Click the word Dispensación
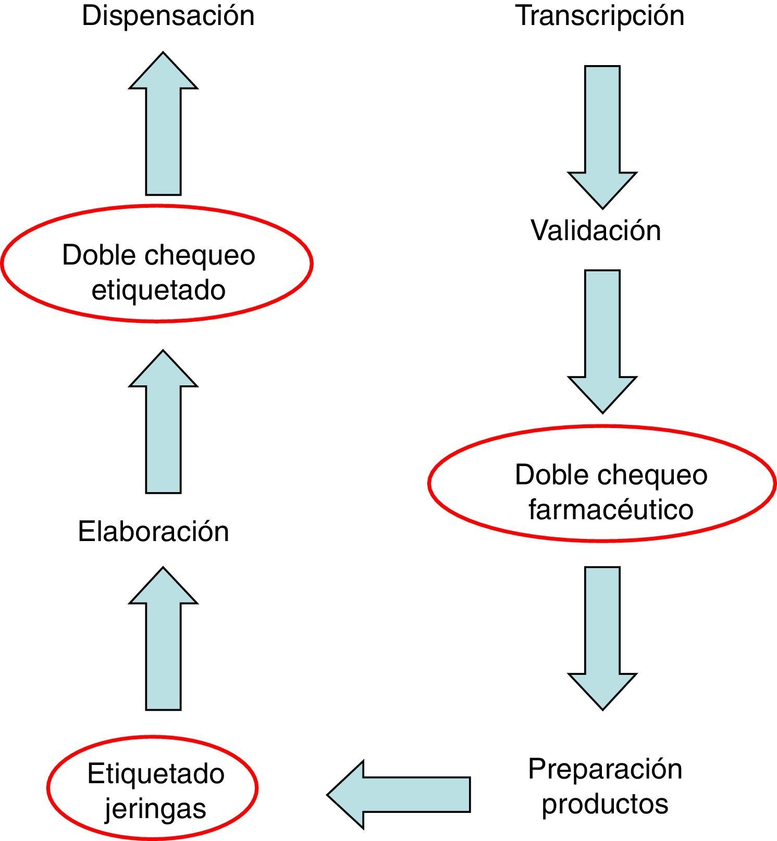click(168, 16)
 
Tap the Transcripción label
click(600, 16)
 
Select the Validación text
click(596, 230)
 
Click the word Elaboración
click(153, 532)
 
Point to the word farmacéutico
click(611, 509)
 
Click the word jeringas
click(155, 808)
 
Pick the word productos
click(605, 803)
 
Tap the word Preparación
click(605, 769)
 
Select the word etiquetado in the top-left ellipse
click(158, 290)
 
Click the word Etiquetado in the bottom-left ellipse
click(156, 774)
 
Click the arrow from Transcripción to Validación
click(602, 135)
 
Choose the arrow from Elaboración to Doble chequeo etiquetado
click(163, 422)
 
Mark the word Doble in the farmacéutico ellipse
click(545, 475)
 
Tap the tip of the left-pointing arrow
click(329, 795)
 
